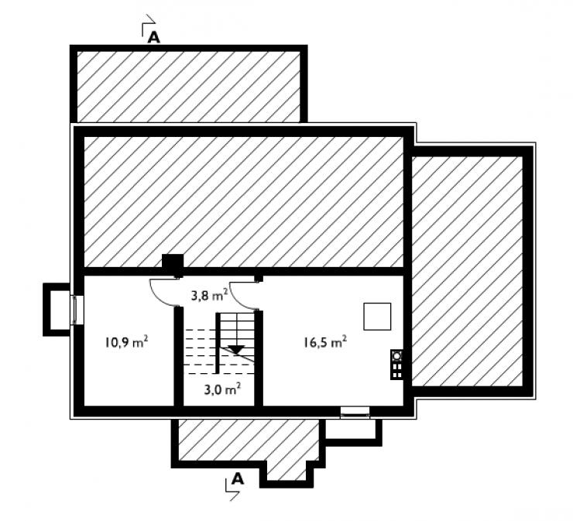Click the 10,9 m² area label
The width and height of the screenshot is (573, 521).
coord(126,342)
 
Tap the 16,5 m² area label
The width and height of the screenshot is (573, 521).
coord(325,342)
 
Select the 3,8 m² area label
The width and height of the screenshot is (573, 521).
coord(210,294)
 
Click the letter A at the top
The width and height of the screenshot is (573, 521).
coord(154,37)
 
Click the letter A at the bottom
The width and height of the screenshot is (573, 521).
coord(238,478)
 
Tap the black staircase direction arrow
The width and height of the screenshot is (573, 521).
coord(236,349)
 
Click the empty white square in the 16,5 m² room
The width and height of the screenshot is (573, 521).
coord(377,317)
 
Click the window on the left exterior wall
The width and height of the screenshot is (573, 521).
coord(77,310)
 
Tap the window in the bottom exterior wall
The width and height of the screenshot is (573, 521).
coord(355,413)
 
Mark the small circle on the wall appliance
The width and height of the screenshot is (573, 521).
coord(397,355)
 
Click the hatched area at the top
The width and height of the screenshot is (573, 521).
coord(189,87)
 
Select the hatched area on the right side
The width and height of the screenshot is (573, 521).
coord(467,271)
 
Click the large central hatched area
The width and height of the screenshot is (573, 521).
coord(244,202)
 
